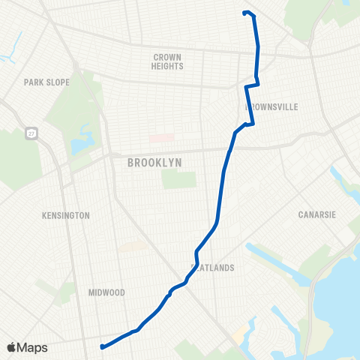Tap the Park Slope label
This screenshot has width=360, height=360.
point(46,82)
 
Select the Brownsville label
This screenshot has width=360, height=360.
point(272,107)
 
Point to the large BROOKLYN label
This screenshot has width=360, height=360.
point(155,162)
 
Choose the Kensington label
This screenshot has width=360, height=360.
point(66,215)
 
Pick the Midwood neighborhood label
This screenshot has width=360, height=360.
point(106,292)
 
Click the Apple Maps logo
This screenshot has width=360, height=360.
point(27,347)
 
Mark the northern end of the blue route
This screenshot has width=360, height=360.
point(245,12)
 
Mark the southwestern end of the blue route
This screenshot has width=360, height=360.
point(101,346)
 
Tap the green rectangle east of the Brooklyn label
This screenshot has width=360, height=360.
point(178,179)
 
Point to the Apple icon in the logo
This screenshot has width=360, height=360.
point(11,347)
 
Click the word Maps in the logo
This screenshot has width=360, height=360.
point(33,347)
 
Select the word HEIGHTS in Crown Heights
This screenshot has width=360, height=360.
point(168,66)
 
